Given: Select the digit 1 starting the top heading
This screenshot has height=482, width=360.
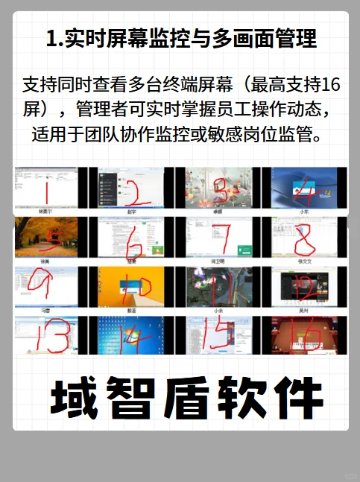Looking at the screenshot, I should coord(51,39).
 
